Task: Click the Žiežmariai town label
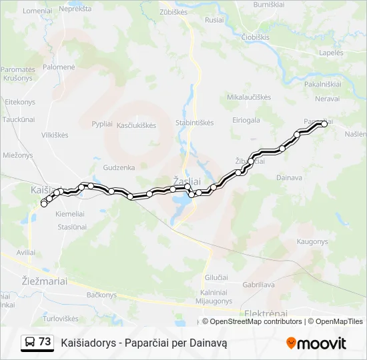(44, 281)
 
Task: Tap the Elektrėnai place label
(266, 314)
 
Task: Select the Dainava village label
(289, 177)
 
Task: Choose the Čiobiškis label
(256, 37)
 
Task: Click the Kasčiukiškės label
(136, 125)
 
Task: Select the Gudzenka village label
(119, 167)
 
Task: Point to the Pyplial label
(102, 124)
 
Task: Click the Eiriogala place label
(246, 120)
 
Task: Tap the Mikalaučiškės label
(249, 97)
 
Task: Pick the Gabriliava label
(259, 284)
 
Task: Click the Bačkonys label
(101, 295)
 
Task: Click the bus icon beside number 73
(30, 342)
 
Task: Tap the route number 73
(45, 342)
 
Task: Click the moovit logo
(316, 343)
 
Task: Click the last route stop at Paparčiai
(324, 123)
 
